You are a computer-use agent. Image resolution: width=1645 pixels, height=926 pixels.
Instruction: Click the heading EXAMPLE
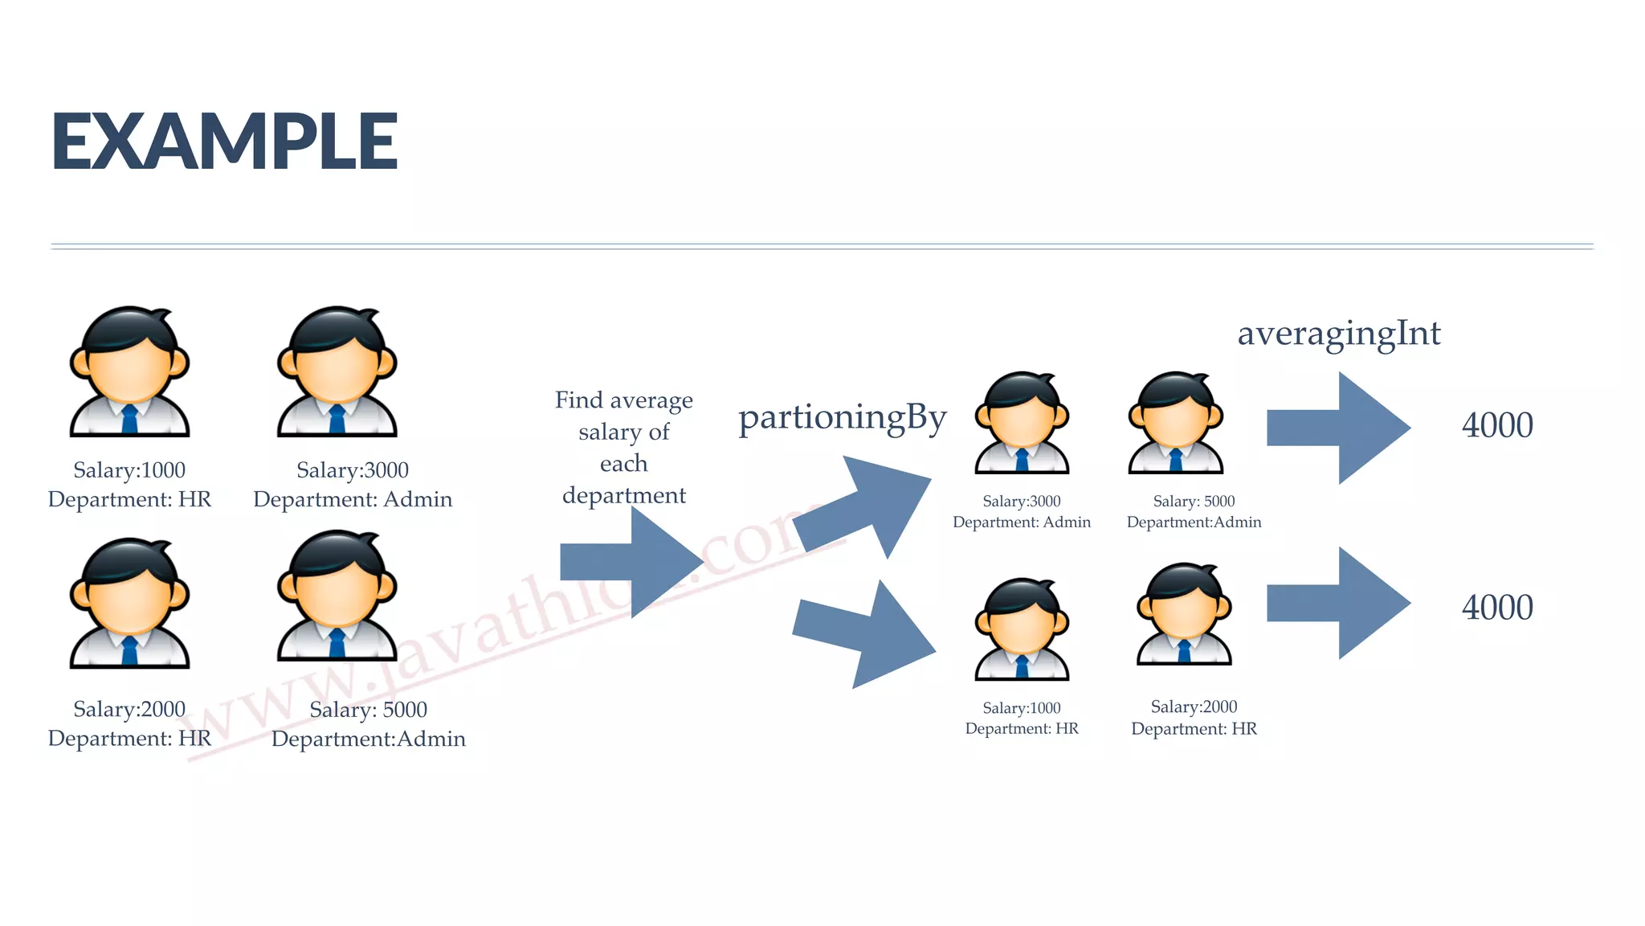[225, 141]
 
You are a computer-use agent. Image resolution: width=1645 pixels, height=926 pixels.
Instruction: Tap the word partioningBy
[842, 418]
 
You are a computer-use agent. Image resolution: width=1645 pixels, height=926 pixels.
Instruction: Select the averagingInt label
[1339, 334]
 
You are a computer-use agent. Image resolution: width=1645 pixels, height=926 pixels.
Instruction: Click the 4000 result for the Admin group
[1497, 425]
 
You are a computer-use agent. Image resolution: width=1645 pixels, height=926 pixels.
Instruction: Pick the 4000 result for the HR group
[1497, 608]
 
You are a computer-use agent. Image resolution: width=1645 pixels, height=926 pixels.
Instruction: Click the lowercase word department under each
[624, 495]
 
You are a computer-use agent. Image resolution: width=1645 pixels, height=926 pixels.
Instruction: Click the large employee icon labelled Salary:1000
[129, 371]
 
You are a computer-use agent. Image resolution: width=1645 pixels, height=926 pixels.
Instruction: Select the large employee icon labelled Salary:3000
[337, 371]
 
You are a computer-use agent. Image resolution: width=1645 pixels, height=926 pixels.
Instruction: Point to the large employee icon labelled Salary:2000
[129, 603]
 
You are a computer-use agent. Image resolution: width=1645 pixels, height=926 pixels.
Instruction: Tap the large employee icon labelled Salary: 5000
[337, 596]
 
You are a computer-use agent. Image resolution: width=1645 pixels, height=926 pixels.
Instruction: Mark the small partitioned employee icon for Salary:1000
[1022, 629]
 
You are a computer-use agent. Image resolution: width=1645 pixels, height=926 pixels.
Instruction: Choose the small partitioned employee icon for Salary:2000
[1184, 614]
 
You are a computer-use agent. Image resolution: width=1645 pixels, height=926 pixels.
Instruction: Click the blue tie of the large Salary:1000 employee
[129, 420]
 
